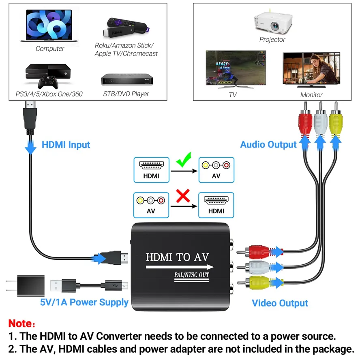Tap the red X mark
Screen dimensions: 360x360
pyautogui.click(x=183, y=197)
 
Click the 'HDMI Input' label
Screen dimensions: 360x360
pyautogui.click(x=66, y=145)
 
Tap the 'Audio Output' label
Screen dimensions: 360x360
pyautogui.click(x=268, y=144)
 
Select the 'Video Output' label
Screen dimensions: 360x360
pyautogui.click(x=280, y=303)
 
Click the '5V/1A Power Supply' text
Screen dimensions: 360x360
pyautogui.click(x=84, y=302)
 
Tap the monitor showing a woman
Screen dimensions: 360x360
pyautogui.click(x=311, y=69)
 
